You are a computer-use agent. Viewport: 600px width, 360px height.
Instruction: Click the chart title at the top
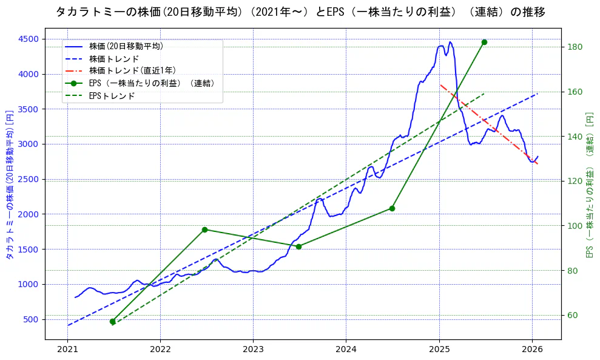click(300, 12)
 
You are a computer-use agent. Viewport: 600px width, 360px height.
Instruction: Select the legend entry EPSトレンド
click(112, 96)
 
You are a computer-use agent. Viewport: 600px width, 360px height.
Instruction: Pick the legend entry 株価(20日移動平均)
click(126, 46)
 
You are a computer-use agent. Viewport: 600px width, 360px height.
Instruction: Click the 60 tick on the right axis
click(572, 315)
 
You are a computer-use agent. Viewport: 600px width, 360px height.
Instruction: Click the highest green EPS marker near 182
click(484, 42)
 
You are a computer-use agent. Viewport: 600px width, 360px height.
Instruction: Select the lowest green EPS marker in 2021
click(112, 321)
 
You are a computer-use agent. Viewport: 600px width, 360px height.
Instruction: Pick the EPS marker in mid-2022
click(204, 229)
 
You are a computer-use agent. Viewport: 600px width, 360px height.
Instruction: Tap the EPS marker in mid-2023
click(298, 246)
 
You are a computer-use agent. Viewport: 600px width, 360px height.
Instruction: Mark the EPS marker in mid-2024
click(392, 208)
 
